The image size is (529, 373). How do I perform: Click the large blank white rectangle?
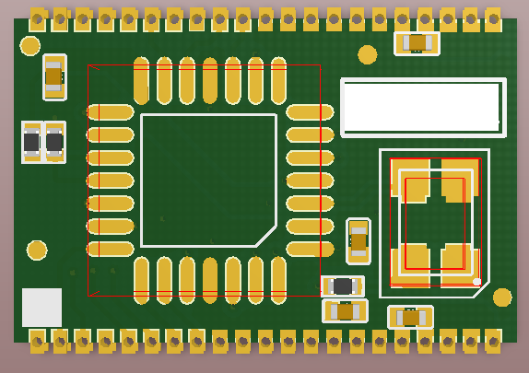[x=423, y=107]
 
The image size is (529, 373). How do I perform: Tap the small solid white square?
[x=41, y=307]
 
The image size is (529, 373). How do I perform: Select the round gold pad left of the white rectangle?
[x=367, y=54]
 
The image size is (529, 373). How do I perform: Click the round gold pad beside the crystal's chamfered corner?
[x=501, y=297]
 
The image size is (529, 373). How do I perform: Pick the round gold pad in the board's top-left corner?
[x=30, y=46]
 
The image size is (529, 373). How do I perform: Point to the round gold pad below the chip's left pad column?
[x=37, y=251]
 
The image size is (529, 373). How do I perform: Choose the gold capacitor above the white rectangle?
[x=417, y=42]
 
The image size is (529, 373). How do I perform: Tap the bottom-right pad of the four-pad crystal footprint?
[x=459, y=266]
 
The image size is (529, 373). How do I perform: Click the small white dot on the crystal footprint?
[x=476, y=282]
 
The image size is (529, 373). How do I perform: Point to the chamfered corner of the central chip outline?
[x=266, y=236]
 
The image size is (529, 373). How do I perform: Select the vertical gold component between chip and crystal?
[x=359, y=241]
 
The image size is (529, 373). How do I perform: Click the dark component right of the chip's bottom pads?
[x=343, y=286]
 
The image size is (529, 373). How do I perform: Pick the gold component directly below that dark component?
[x=345, y=311]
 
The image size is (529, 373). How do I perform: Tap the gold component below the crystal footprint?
[x=410, y=317]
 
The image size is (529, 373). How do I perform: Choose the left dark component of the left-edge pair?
[x=31, y=143]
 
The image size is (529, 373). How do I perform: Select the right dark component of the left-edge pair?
[x=54, y=143]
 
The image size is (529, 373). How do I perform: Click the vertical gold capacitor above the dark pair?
[x=53, y=76]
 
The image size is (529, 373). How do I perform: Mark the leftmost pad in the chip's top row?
[x=141, y=80]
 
